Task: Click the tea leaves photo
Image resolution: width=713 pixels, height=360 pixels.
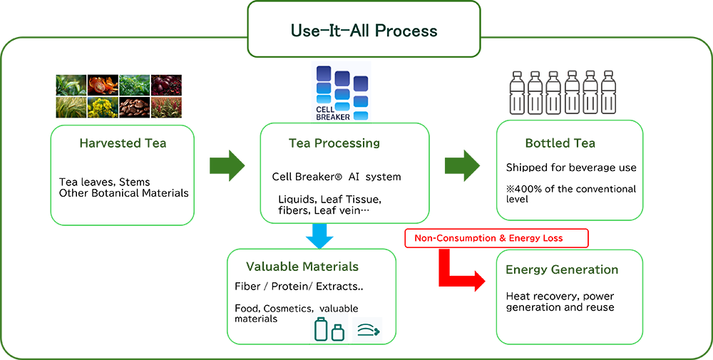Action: click(x=71, y=86)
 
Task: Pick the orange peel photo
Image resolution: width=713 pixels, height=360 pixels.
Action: click(x=103, y=86)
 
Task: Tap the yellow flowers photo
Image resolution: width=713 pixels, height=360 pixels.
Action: click(x=103, y=108)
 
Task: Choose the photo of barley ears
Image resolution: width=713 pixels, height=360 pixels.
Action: click(x=71, y=108)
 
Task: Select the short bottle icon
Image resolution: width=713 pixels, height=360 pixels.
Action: click(x=339, y=332)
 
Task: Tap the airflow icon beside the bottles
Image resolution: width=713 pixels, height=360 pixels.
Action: click(x=368, y=330)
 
